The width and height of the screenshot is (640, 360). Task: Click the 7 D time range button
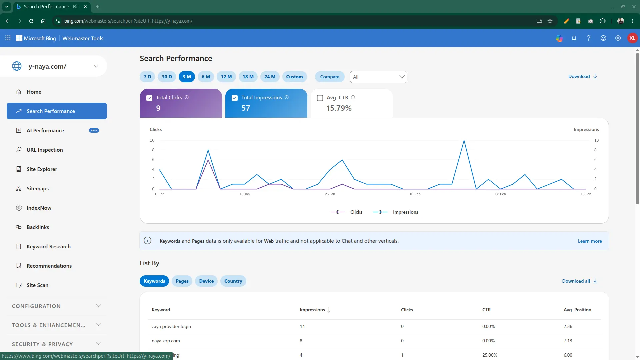coord(147,77)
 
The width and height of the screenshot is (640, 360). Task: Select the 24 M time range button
coord(270,77)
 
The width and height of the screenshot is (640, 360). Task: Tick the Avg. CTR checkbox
coord(320,98)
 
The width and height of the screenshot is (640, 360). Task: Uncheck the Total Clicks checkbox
coord(149,98)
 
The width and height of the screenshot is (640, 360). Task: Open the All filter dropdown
coord(378,77)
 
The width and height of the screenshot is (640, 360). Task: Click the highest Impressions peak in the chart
coord(464,141)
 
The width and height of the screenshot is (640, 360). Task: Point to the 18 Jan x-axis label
coord(244,194)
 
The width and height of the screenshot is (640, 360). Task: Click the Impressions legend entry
coord(396,212)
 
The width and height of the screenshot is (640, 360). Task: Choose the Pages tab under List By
coord(182,281)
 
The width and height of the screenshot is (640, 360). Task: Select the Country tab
coord(233,281)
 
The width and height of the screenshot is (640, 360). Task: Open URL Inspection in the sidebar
coord(45,150)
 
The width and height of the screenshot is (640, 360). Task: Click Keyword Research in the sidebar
coord(48,246)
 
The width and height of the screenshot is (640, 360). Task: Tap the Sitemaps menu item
coord(37,188)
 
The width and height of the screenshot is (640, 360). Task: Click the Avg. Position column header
coord(577,310)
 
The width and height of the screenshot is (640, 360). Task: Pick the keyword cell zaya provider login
coord(171,326)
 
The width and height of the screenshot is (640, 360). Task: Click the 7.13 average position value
coord(568,341)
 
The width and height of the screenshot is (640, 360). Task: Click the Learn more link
coord(590,241)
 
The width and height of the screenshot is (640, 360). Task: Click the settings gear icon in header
coord(618,38)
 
